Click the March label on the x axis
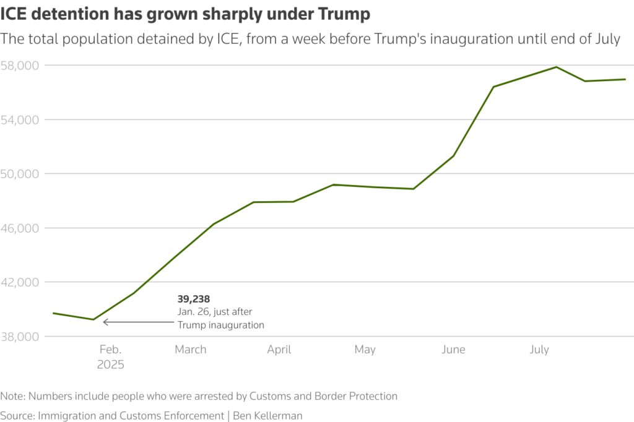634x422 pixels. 190,350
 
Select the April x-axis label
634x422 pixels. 279,350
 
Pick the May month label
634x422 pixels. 365,350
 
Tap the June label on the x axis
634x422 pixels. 453,350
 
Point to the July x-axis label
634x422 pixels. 539,350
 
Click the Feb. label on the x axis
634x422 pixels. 111,350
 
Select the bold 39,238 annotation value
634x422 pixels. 193,299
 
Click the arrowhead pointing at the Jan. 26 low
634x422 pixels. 105,322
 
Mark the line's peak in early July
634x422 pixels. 556,67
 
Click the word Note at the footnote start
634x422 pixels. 12,396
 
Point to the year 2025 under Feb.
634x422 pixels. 110,364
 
